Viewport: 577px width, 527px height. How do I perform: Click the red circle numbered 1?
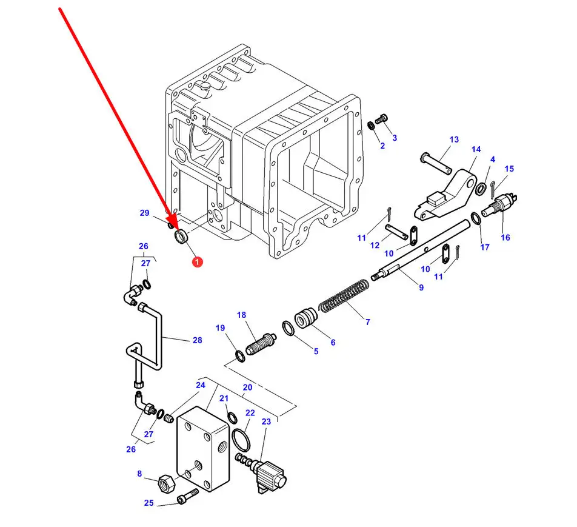197,262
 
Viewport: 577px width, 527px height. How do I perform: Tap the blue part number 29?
145,213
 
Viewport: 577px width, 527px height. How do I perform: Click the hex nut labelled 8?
168,483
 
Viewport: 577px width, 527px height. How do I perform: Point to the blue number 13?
454,139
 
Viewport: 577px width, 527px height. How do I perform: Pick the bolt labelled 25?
187,496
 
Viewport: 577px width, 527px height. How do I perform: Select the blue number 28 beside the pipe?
197,340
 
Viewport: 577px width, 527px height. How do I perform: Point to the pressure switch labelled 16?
499,206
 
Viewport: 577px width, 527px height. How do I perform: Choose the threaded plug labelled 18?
261,344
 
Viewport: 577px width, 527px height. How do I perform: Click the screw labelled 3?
381,119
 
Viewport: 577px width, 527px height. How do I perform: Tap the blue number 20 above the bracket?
248,388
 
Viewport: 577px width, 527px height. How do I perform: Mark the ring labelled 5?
288,328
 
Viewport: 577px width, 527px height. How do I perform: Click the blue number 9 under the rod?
421,287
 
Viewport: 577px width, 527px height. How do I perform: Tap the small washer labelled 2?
372,126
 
